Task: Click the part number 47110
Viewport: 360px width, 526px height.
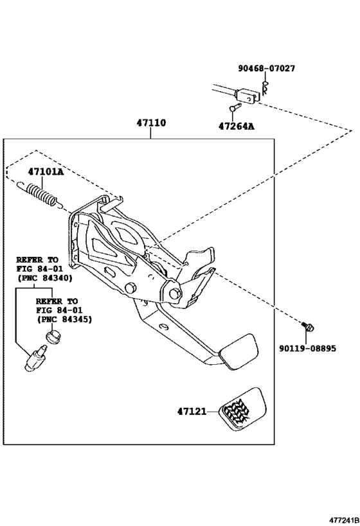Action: coord(150,122)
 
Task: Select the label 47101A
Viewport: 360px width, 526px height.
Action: coord(45,171)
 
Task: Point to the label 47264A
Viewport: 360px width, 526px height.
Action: coord(236,126)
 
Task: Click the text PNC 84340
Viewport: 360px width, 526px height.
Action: coord(44,278)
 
